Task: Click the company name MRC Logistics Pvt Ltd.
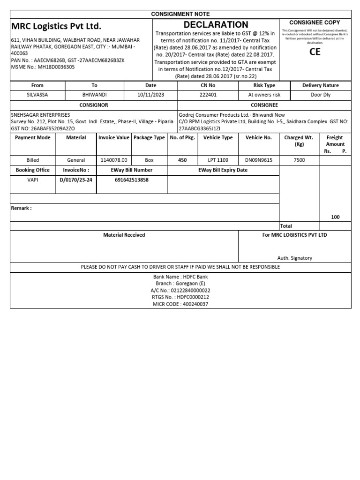(x=56, y=26)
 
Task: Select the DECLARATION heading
(x=216, y=25)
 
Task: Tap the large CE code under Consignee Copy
(x=315, y=52)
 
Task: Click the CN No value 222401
(x=208, y=95)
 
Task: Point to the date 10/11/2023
(x=150, y=95)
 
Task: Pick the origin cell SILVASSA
(x=37, y=95)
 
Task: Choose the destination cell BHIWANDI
(x=94, y=95)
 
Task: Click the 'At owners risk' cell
(x=264, y=95)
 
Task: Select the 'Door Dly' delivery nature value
(x=321, y=95)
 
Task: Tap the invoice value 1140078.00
(x=113, y=160)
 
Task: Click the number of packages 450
(x=182, y=160)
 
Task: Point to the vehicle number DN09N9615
(x=258, y=160)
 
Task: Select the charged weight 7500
(x=299, y=160)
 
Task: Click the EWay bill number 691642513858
(x=131, y=180)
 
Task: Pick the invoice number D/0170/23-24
(x=75, y=180)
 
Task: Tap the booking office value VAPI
(x=32, y=180)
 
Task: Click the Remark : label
(x=22, y=208)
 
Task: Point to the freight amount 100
(x=335, y=217)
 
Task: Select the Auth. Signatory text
(x=294, y=258)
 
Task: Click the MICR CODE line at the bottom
(x=180, y=304)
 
